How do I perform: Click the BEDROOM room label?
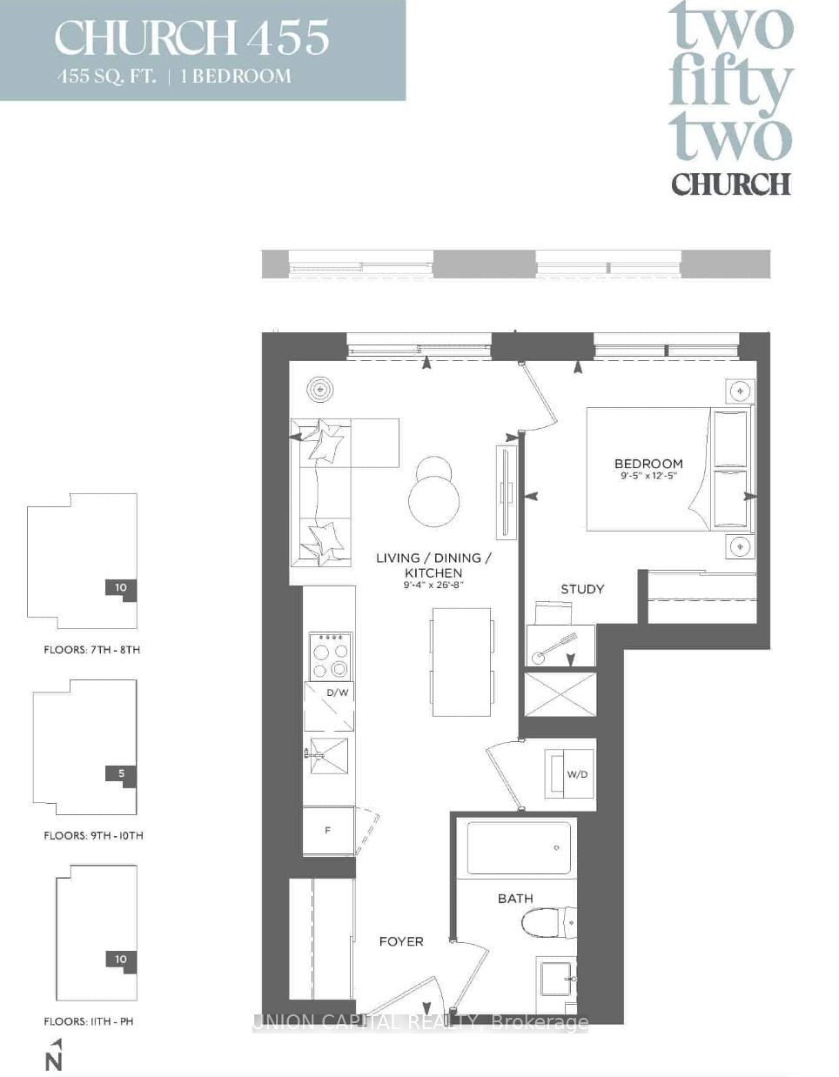648,464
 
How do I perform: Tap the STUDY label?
582,589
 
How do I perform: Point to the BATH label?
516,898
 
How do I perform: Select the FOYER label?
401,941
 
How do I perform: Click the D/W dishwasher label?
338,692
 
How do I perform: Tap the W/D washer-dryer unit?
568,773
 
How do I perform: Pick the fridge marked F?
328,831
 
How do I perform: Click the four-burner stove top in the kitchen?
331,656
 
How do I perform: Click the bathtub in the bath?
519,848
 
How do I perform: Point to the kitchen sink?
328,755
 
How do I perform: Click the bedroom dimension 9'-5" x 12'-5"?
648,475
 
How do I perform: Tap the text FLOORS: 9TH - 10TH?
94,836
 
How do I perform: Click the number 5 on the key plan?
121,773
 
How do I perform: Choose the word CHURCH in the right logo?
731,184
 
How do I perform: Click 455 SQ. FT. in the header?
106,77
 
